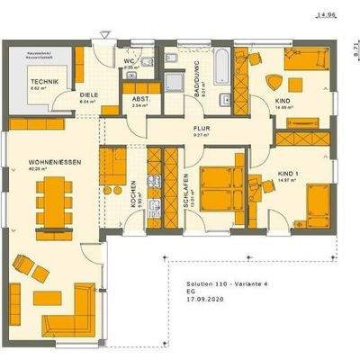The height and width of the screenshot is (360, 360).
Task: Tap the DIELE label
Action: (88, 94)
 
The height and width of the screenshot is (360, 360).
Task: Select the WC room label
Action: (129, 60)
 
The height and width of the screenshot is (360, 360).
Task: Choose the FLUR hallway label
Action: (202, 129)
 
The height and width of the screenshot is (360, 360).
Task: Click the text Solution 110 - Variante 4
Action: (215, 282)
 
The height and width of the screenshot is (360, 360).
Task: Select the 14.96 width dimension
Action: (326, 15)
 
